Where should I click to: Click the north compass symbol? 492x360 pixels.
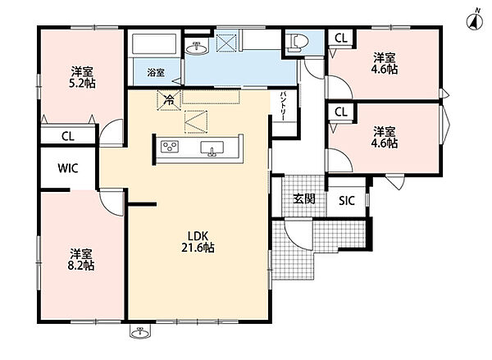pyautogui.click(x=475, y=21)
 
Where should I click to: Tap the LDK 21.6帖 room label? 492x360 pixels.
pyautogui.click(x=198, y=242)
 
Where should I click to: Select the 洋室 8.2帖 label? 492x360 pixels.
pyautogui.click(x=81, y=260)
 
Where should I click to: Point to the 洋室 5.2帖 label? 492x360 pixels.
pyautogui.click(x=82, y=77)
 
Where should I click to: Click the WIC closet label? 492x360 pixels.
pyautogui.click(x=68, y=168)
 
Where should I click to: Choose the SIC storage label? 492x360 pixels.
pyautogui.click(x=346, y=201)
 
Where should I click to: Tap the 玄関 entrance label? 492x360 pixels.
pyautogui.click(x=304, y=198)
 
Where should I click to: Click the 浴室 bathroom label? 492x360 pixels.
pyautogui.click(x=156, y=73)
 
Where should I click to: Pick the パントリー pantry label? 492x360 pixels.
pyautogui.click(x=283, y=106)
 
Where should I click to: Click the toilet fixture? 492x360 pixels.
pyautogui.click(x=296, y=43)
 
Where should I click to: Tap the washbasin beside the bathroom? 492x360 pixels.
pyautogui.click(x=197, y=48)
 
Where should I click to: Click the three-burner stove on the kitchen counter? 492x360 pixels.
pyautogui.click(x=170, y=147)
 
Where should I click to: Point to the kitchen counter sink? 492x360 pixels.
pyautogui.click(x=212, y=148)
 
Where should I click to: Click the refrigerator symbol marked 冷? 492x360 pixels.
pyautogui.click(x=169, y=100)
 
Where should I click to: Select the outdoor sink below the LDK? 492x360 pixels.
pyautogui.click(x=140, y=331)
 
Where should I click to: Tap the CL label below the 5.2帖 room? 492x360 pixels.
pyautogui.click(x=68, y=136)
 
